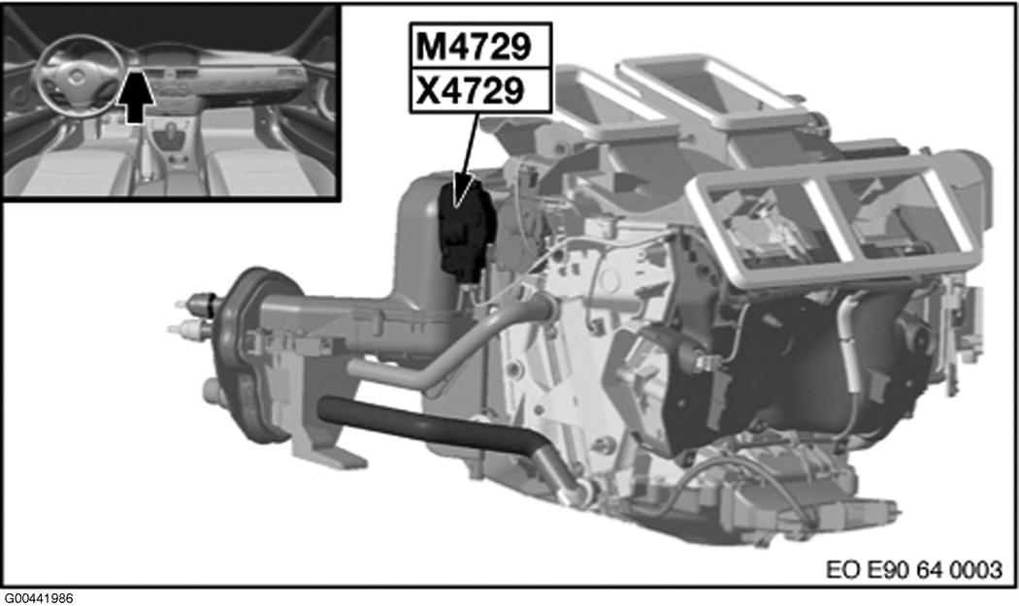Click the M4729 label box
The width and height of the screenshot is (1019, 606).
click(480, 47)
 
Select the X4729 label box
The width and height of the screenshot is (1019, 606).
click(480, 90)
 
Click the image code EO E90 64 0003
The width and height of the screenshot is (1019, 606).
click(914, 569)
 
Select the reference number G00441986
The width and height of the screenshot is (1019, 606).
click(39, 598)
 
